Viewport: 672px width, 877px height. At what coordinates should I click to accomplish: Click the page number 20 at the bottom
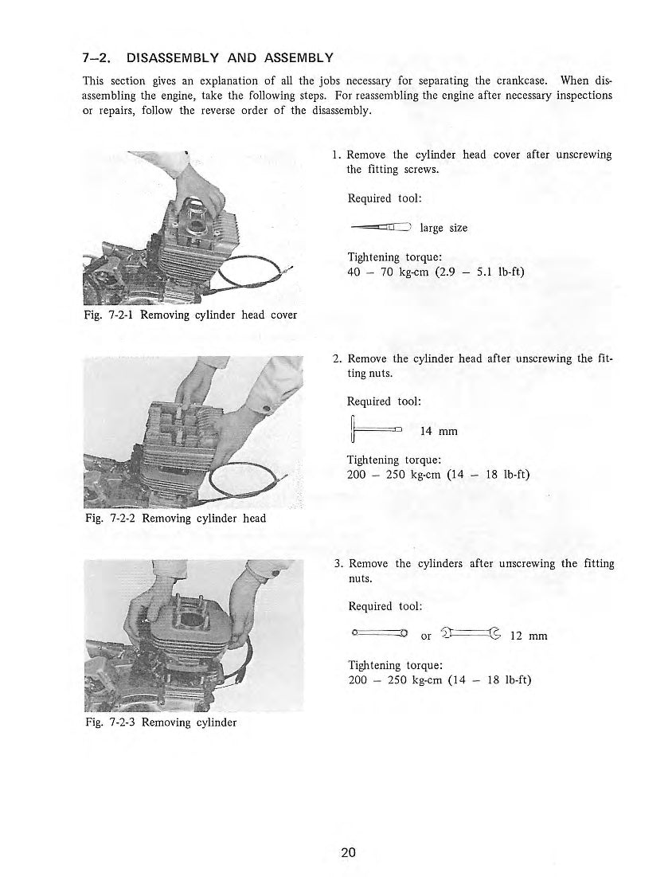click(348, 853)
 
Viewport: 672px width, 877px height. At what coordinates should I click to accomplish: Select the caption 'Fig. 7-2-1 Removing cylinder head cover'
click(190, 315)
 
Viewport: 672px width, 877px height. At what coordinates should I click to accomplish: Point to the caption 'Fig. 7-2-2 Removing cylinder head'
click(175, 519)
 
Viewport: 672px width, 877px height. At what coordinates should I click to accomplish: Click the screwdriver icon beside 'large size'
click(379, 228)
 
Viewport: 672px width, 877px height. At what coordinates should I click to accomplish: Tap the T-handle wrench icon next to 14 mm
click(374, 430)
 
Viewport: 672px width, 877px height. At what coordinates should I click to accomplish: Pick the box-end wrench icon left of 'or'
click(379, 635)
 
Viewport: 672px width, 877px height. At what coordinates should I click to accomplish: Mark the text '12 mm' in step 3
click(528, 636)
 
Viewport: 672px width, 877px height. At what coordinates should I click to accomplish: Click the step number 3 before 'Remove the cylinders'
click(338, 564)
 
